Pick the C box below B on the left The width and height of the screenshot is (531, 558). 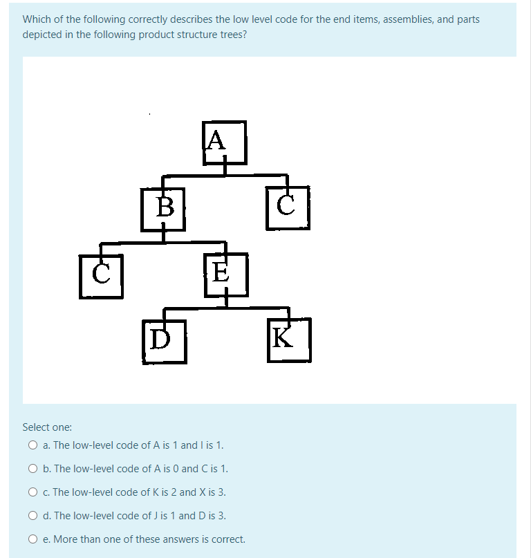coord(101,276)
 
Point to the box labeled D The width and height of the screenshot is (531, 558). coord(165,341)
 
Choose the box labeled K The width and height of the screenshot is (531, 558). coord(288,340)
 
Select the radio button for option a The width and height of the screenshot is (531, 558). coord(32,445)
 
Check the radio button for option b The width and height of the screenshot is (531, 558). coord(32,469)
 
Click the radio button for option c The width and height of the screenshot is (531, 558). coord(32,492)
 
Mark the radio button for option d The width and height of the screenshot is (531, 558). coord(32,516)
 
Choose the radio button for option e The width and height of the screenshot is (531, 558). coord(32,539)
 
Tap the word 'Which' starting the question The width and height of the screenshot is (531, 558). coord(36,19)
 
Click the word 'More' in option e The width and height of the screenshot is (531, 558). coord(66,539)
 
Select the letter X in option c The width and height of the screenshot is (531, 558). coord(202,492)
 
